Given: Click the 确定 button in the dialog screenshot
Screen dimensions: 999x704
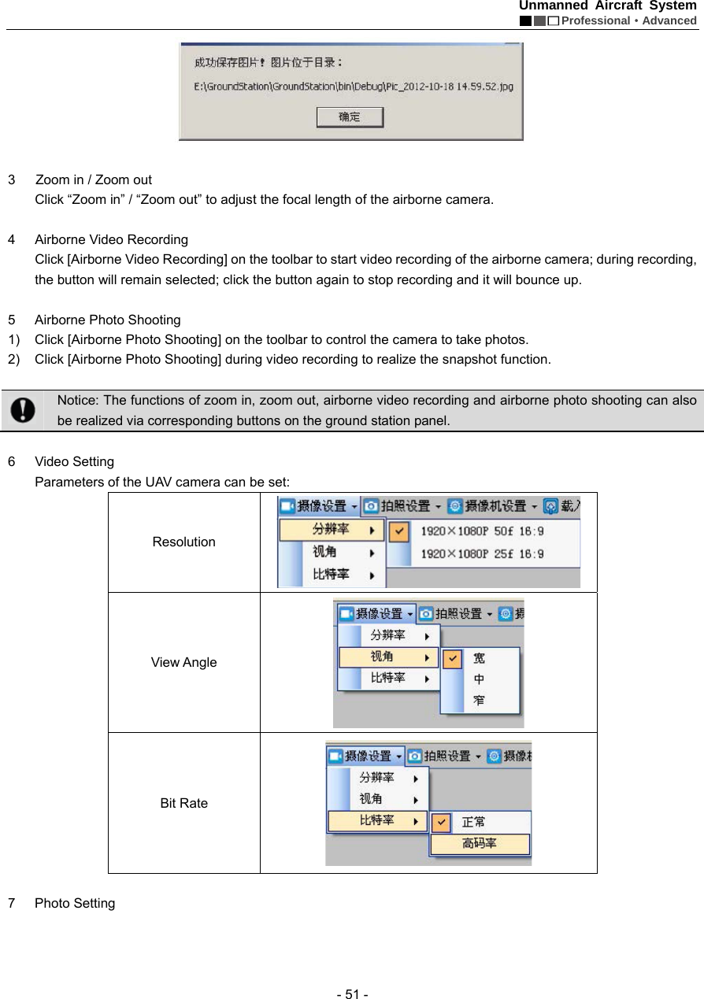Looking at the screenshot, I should click(350, 117).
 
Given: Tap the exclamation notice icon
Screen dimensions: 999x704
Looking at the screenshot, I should click(24, 409).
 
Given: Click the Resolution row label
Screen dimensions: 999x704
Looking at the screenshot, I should click(183, 542).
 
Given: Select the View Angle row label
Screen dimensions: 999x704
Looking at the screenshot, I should click(183, 662).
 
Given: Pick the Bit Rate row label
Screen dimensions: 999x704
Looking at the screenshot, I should click(183, 803).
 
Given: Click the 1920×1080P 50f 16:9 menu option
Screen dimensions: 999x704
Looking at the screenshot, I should click(482, 531).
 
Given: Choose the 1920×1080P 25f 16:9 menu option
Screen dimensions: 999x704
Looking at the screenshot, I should click(482, 554).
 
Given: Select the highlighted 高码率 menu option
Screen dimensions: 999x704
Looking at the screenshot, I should click(480, 844).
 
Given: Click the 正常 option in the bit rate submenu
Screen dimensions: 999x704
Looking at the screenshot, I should click(473, 822).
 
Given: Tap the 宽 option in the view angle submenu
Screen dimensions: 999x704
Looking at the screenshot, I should click(479, 658).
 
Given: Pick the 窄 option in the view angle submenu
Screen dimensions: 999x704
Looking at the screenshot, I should click(479, 700).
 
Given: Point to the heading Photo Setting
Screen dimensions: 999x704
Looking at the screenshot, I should click(75, 903).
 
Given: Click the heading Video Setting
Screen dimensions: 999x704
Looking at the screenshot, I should click(74, 461).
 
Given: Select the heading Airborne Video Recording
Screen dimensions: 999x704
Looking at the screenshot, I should click(111, 239).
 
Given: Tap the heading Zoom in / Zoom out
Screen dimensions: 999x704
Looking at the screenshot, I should click(94, 179).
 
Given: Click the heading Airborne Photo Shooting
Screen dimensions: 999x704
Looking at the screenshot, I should click(108, 320).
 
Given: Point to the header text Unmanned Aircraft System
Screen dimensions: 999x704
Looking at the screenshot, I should click(607, 6).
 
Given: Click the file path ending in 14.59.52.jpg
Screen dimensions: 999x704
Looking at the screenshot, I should click(354, 87).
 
